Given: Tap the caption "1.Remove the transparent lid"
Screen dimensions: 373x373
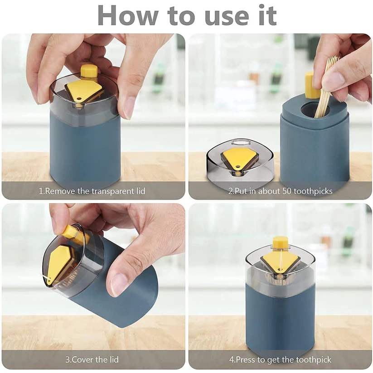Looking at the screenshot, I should (92, 191).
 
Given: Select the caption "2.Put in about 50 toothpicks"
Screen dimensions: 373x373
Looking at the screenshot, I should (280, 191).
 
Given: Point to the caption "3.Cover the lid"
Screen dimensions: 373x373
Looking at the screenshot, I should (92, 359).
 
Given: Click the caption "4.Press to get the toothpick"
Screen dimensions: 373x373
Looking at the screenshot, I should (280, 360).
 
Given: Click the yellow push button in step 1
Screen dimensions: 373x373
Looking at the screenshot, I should (89, 71).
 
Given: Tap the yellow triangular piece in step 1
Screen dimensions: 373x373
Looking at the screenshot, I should (83, 91).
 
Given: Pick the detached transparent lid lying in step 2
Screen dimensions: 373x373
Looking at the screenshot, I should (239, 161).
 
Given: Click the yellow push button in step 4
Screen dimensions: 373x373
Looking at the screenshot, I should (280, 242).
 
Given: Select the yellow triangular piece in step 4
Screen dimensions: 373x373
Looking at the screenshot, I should (280, 261).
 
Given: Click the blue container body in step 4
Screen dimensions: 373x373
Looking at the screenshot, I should (280, 317).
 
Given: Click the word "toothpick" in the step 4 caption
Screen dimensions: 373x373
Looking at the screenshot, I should (313, 360).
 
